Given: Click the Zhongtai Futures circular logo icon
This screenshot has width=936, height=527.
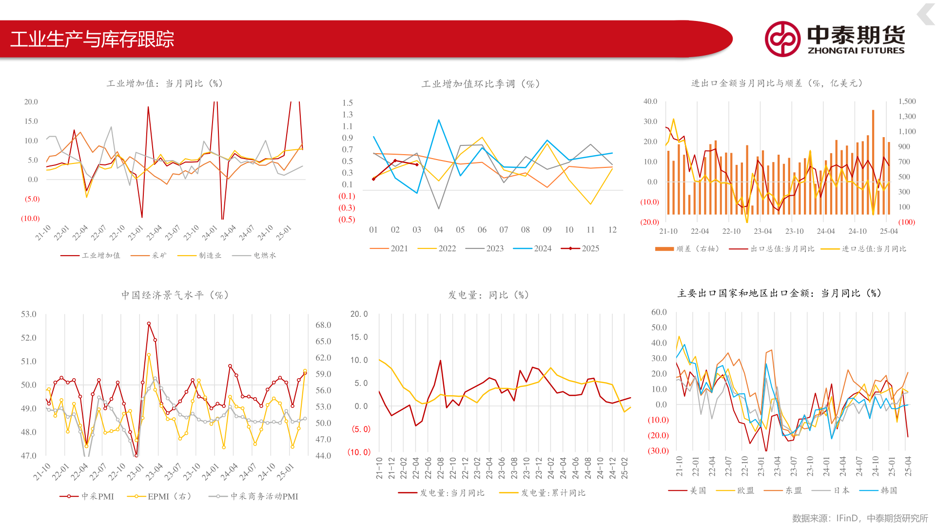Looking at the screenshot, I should click(782, 39).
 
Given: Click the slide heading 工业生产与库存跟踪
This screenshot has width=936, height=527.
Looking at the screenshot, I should click(92, 40).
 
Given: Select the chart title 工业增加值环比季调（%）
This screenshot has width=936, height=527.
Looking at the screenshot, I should click(480, 84).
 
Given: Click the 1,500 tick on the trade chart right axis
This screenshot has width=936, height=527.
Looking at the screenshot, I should click(907, 101).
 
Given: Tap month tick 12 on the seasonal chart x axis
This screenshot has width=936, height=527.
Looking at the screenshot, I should click(612, 230).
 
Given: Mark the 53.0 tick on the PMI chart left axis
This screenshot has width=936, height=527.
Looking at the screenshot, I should click(29, 314).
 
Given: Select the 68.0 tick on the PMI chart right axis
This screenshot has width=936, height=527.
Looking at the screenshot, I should click(323, 325).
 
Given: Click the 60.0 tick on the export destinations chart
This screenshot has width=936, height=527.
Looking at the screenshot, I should click(659, 312).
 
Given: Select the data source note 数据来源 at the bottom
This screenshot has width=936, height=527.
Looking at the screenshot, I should click(859, 518).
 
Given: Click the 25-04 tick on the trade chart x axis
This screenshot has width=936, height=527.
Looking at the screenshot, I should click(889, 231).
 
